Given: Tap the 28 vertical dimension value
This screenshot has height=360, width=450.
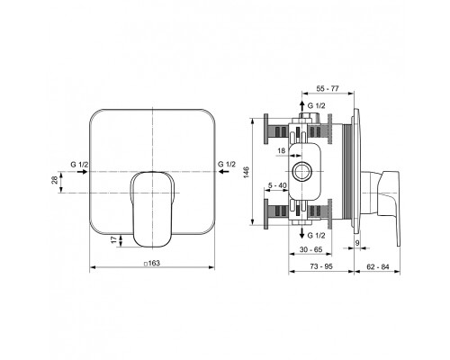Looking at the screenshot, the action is point(55,180).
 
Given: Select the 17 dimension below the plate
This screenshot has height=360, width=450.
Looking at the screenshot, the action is point(113,239).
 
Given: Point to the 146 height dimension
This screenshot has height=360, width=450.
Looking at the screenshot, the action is point(247,173).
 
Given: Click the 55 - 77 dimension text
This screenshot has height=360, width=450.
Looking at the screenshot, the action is point(328,88).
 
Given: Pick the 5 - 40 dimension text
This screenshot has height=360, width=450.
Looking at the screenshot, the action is point(277,185).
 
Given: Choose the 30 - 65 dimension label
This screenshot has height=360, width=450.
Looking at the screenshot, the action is point(310,249).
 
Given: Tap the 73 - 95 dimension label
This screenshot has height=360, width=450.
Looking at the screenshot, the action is point(321,266).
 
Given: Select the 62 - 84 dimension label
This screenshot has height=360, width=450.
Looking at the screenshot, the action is point(377,266).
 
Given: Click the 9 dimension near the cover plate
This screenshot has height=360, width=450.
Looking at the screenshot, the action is point(357,243).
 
